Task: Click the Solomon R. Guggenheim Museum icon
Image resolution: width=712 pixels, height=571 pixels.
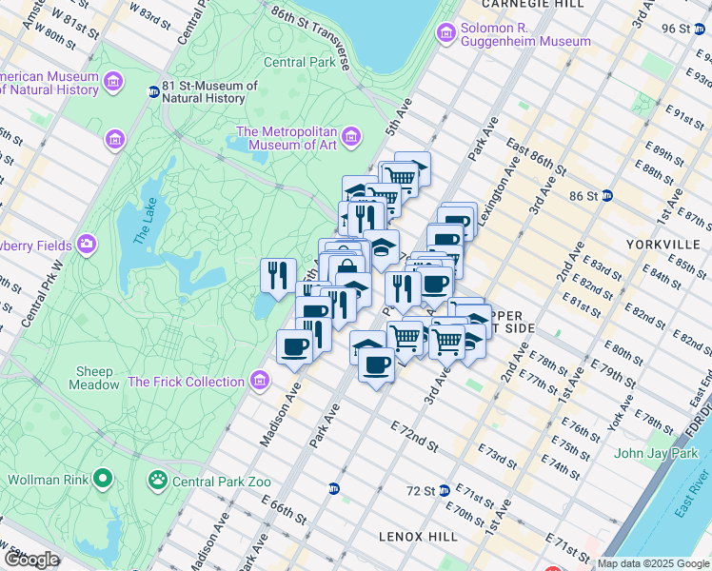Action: pos(445,33)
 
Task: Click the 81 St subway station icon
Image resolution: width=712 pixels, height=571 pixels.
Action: pos(153,92)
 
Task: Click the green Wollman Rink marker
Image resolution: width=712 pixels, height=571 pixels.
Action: pos(105,477)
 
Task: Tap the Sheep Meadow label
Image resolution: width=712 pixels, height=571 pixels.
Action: pos(94,378)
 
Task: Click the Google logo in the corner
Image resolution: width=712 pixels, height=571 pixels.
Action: pos(32,560)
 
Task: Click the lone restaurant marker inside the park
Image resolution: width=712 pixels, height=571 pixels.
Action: pos(274,276)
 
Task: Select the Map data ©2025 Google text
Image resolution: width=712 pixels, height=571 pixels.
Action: pos(654,563)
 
